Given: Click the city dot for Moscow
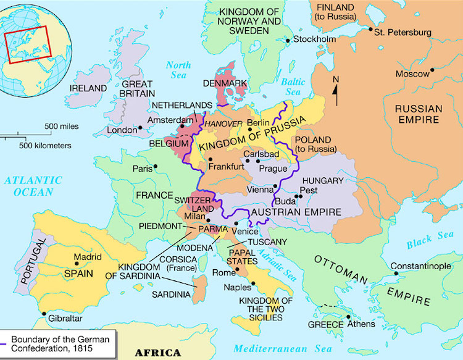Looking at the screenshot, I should click(x=432, y=70).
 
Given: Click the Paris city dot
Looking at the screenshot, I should click(x=156, y=166).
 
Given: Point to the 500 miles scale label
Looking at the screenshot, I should click(x=60, y=127).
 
